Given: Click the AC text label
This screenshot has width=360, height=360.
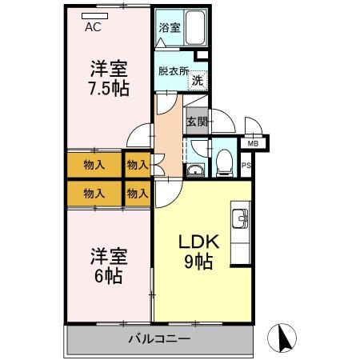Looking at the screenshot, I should pos(93,27).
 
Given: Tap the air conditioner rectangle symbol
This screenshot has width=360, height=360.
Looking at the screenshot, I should pos(94,15).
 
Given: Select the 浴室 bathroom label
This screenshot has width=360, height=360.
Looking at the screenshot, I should pos(169,27).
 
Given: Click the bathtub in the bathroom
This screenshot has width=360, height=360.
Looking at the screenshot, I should pos(196,29).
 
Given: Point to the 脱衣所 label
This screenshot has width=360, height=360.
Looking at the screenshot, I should pos(172,70).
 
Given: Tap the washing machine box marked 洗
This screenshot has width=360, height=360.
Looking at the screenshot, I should pos(198,79).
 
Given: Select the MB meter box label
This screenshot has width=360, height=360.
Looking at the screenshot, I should pos(253,143).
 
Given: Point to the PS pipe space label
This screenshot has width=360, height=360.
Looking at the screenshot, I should pos(246,166).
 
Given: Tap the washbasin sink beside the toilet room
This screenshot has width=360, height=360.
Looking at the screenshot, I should pos(194,169).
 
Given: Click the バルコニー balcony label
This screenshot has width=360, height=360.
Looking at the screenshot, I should pos(159,339).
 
